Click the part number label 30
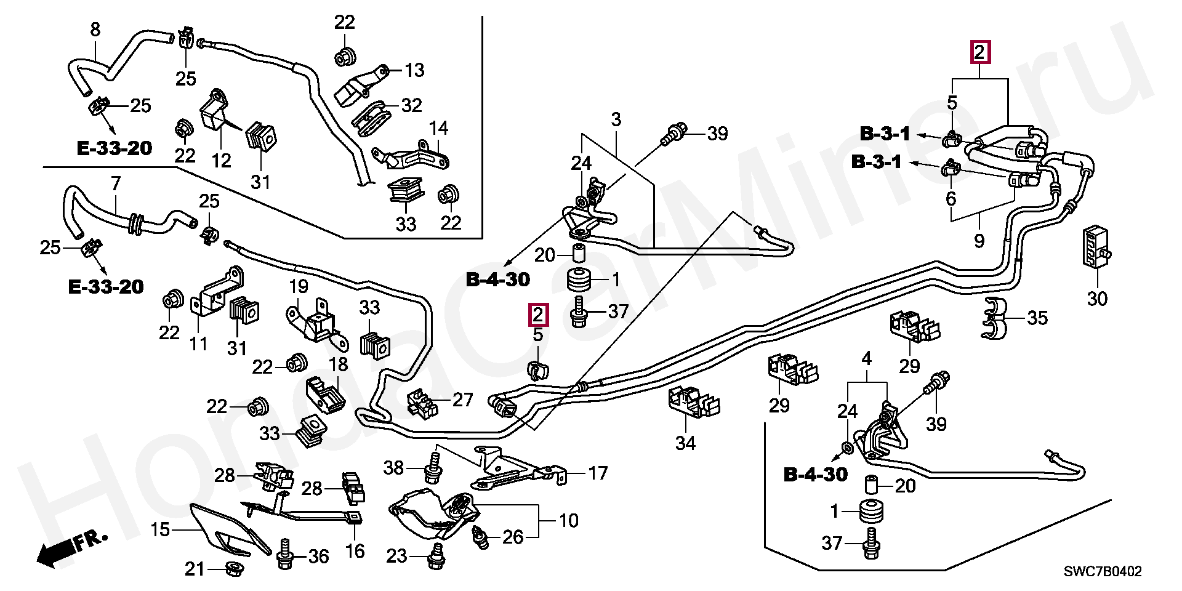[x=1096, y=299]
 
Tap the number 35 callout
[x=1037, y=318]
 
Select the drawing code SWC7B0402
[x=1103, y=572]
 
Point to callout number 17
[x=597, y=473]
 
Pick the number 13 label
[x=415, y=70]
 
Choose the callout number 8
[x=95, y=28]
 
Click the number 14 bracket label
[x=439, y=129]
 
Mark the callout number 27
[x=462, y=400]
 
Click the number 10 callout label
[x=569, y=521]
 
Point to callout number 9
[x=979, y=241]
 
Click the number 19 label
[x=299, y=286]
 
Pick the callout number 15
[x=160, y=529]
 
